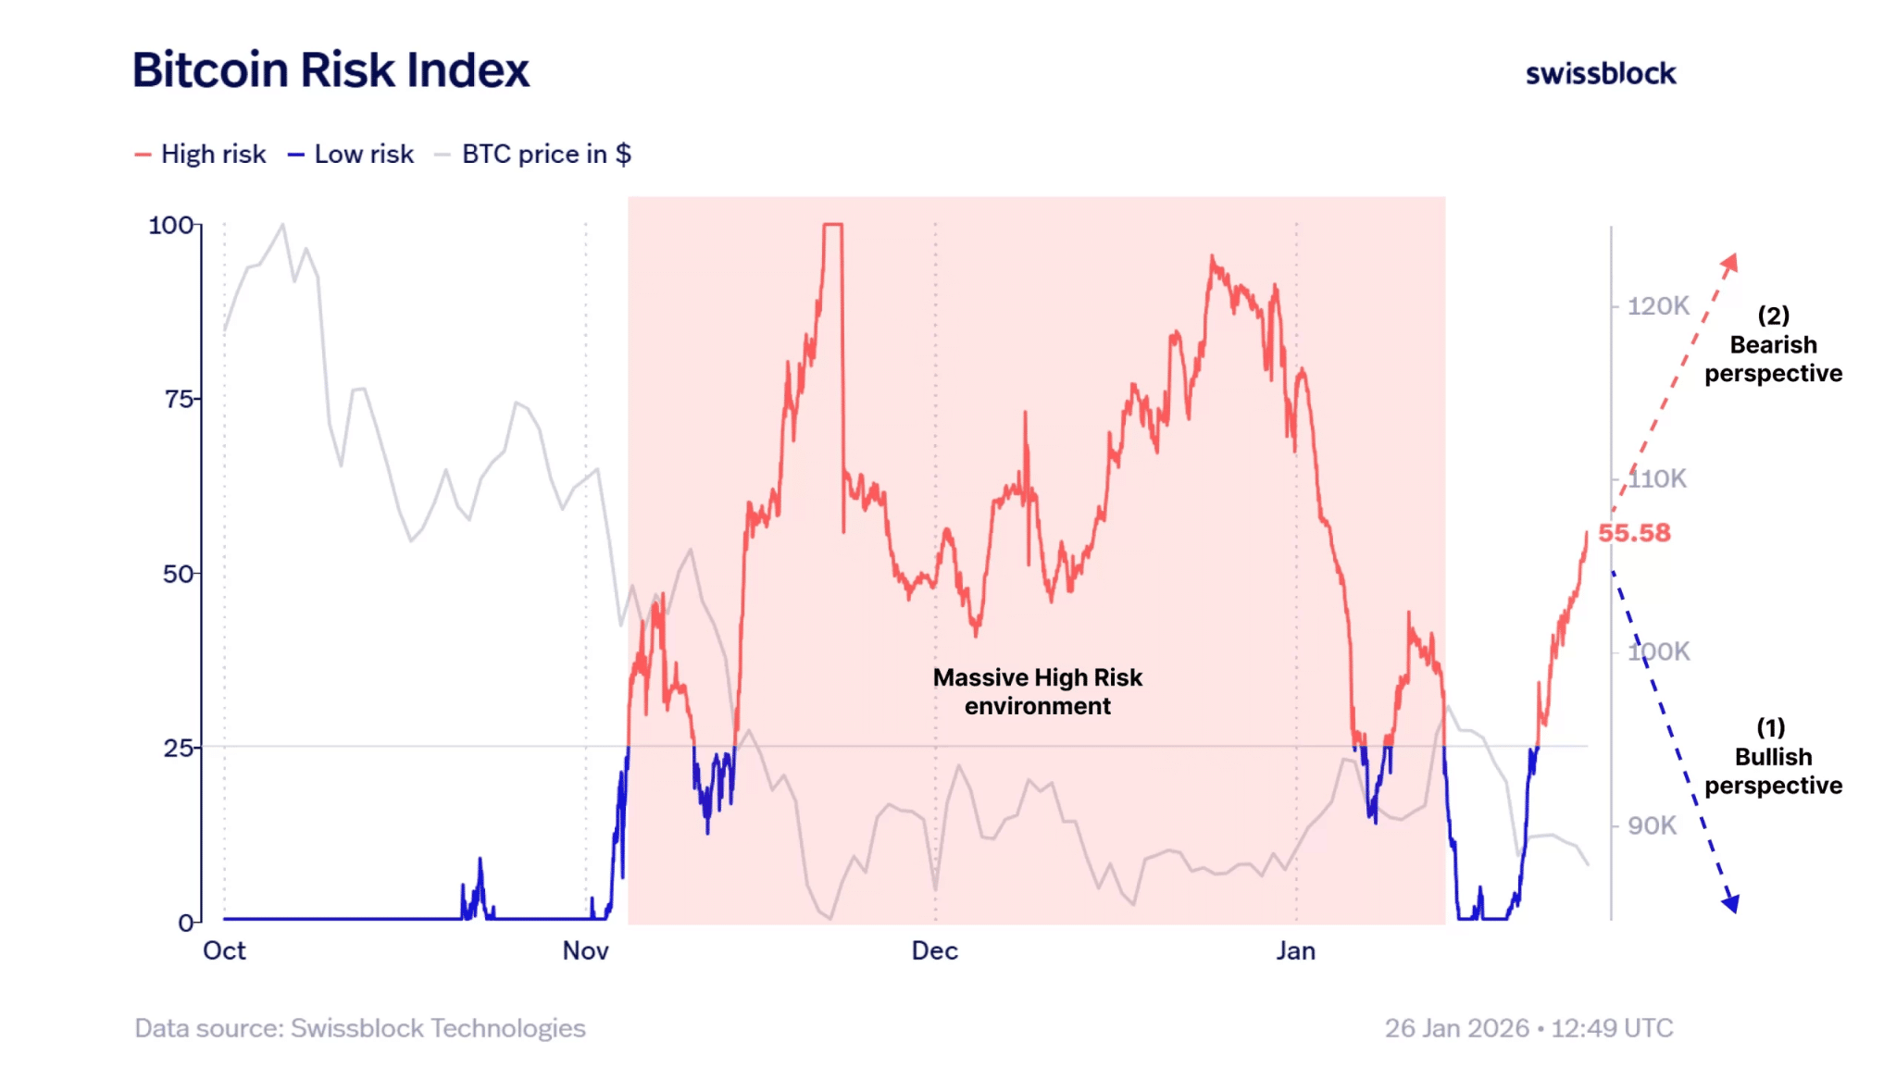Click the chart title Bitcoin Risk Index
[331, 70]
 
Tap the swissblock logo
[1600, 74]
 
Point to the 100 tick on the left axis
[171, 225]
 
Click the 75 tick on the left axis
[180, 399]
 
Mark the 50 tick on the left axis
[179, 574]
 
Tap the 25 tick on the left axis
[179, 748]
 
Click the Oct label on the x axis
[224, 951]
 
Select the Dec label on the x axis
[934, 951]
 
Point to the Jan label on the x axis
[1295, 951]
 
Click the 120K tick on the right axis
[1658, 305]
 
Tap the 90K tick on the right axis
[1652, 825]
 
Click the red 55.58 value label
[1634, 533]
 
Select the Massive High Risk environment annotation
[1037, 691]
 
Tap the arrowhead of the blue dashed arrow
[1730, 904]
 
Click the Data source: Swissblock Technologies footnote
[360, 1028]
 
